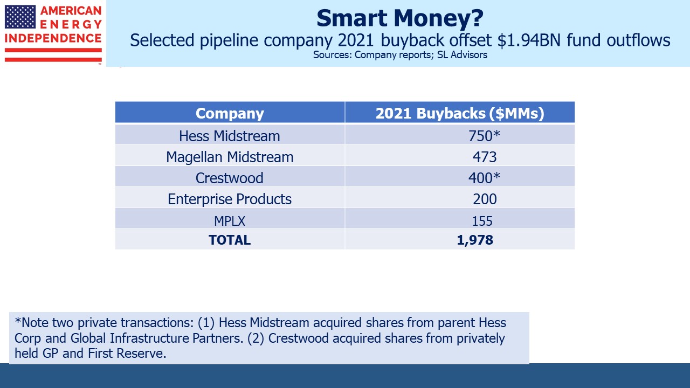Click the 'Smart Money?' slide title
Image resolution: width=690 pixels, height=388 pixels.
399,18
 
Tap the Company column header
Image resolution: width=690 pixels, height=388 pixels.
230,113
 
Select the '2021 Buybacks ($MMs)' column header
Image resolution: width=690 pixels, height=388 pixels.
459,113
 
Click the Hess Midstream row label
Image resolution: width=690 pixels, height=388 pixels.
230,135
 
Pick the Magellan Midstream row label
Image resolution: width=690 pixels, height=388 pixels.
230,157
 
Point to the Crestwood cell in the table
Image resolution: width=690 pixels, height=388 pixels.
230,178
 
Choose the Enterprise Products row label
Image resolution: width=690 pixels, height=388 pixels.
230,199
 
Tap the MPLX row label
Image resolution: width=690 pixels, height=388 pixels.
230,220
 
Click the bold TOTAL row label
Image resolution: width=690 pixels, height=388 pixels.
230,240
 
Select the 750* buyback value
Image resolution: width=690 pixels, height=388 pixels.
484,135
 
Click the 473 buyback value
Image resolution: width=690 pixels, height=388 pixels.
484,157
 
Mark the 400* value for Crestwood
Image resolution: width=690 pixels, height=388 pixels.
484,178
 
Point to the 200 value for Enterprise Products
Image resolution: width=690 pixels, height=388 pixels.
484,199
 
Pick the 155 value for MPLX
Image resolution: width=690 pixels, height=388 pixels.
482,220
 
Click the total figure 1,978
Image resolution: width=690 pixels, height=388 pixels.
474,240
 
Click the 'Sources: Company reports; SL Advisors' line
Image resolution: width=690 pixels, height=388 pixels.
399,55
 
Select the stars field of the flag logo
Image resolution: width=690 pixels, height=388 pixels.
20,17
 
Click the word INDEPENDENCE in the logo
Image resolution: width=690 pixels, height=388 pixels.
53,38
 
